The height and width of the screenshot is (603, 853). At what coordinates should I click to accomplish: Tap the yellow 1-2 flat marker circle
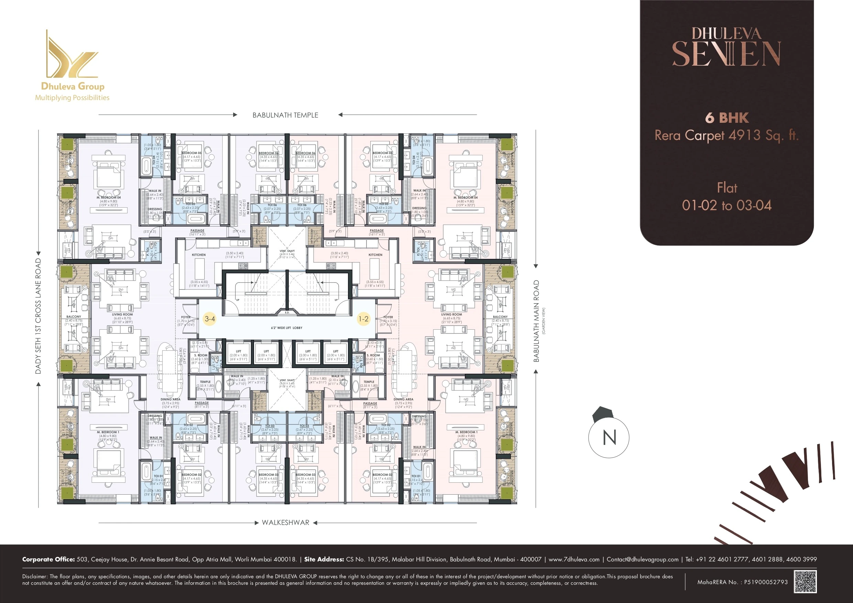pos(363,319)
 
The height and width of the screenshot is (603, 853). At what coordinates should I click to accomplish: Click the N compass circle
pos(609,437)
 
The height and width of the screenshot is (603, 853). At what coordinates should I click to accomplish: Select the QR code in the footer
pos(805,581)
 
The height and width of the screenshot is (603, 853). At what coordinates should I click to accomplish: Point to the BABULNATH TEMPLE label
pos(285,115)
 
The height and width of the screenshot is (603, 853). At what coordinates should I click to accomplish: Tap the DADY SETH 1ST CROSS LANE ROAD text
pos(38,316)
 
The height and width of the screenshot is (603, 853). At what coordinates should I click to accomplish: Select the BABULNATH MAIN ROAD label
pos(536,321)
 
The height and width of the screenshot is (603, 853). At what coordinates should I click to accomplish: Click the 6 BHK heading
pos(727,118)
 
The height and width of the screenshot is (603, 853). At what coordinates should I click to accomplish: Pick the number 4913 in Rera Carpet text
pos(744,135)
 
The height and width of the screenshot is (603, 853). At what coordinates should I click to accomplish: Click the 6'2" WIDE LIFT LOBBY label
pos(286,328)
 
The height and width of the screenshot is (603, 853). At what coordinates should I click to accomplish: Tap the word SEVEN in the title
pos(727,54)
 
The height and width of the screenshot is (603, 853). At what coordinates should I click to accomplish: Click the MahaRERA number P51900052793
pos(766,582)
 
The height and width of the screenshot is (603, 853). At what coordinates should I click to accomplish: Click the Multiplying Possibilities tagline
pos(72,98)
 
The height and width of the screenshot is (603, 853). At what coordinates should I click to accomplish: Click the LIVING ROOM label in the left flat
pos(122,314)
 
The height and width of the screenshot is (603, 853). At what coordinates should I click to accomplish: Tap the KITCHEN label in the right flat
pos(375,255)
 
